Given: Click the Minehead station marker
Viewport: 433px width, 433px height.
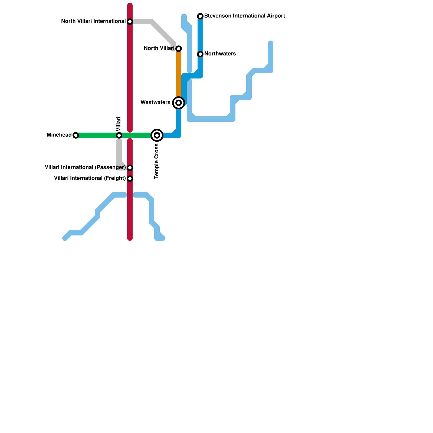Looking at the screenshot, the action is (x=76, y=135).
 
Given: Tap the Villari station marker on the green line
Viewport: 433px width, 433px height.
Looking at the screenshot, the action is (x=119, y=135).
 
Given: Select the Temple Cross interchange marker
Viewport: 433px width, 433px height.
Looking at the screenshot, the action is (x=157, y=135).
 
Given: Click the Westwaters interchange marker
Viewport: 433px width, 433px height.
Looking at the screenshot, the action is (x=179, y=103).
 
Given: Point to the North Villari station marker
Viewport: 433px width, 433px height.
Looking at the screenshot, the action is (x=179, y=49).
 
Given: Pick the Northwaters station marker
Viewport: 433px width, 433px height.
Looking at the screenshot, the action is (x=200, y=54).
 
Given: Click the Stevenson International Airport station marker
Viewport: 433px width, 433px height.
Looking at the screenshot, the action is (x=200, y=16).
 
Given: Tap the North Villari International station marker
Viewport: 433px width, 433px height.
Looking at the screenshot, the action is (x=130, y=22).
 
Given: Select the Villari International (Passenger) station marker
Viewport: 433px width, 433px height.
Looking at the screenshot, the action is (x=130, y=168).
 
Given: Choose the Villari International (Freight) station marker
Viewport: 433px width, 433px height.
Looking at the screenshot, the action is (x=130, y=179).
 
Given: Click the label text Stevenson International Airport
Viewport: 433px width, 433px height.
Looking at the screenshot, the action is (x=244, y=16).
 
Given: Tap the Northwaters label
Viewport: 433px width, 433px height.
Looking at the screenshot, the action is (x=220, y=54).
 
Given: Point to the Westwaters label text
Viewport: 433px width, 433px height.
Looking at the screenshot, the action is (x=155, y=103).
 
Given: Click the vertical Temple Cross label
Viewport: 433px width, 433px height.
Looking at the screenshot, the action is (x=157, y=161).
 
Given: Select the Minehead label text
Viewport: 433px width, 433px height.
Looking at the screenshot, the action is (x=59, y=135).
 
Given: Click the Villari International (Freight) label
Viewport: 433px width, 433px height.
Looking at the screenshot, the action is (x=90, y=178).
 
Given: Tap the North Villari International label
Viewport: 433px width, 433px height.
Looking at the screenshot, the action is (x=93, y=21).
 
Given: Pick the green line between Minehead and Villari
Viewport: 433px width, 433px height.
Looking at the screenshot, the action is (x=97, y=135).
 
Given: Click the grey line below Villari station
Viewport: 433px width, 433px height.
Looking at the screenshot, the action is (x=119, y=152).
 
